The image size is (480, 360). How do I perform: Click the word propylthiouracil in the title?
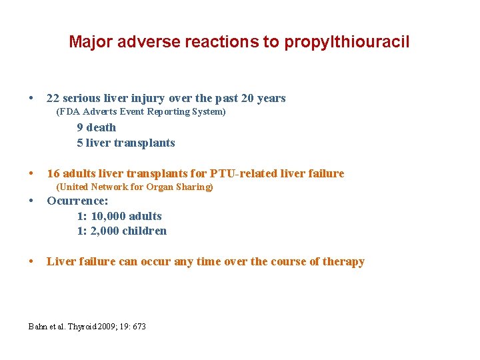pyautogui.click(x=347, y=43)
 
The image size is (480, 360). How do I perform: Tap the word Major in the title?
pyautogui.click(x=91, y=43)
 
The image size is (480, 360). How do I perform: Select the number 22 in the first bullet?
pyautogui.click(x=53, y=99)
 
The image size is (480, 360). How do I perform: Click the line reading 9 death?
pyautogui.click(x=97, y=127)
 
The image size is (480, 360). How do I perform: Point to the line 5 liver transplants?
pyautogui.click(x=126, y=143)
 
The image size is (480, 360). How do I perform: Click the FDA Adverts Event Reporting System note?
pyautogui.click(x=141, y=112)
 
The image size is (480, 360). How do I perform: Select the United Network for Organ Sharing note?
pyautogui.click(x=135, y=187)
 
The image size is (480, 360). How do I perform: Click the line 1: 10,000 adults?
pyautogui.click(x=119, y=216)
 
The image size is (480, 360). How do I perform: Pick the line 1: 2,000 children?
pyautogui.click(x=122, y=231)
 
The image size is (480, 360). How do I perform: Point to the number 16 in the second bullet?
pyautogui.click(x=53, y=174)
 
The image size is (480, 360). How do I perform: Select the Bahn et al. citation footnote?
pyautogui.click(x=87, y=327)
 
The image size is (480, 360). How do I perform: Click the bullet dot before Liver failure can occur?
pyautogui.click(x=32, y=262)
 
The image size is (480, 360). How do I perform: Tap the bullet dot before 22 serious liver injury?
pyautogui.click(x=32, y=99)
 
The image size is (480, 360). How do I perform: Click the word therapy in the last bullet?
pyautogui.click(x=343, y=262)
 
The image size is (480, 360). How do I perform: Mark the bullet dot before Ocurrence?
pyautogui.click(x=32, y=201)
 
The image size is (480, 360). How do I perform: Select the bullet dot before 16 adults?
pyautogui.click(x=32, y=174)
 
